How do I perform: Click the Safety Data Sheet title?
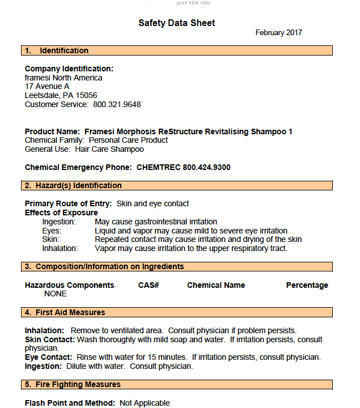[176, 23]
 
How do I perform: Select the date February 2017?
[278, 33]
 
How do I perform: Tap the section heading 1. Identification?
[56, 51]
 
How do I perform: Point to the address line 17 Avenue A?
[47, 87]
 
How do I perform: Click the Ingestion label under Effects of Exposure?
[60, 222]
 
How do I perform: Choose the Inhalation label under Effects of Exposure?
[60, 249]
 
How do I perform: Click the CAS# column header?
[148, 286]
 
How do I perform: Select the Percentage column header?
[307, 286]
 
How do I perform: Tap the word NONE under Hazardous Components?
[55, 294]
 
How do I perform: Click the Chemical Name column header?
[216, 286]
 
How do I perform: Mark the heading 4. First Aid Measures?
[65, 313]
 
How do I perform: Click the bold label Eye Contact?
[48, 358]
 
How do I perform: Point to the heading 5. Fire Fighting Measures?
[73, 385]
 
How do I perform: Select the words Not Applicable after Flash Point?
[145, 403]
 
